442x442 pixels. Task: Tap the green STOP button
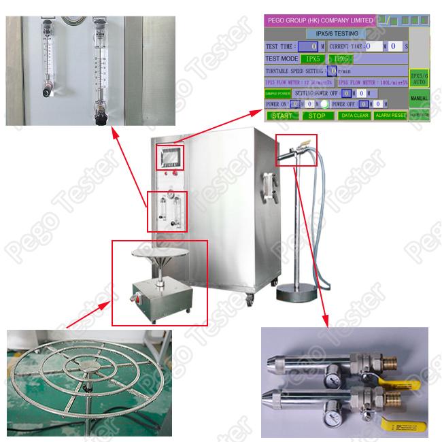click(318, 116)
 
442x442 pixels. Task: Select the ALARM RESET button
click(390, 116)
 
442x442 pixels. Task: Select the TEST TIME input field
click(309, 46)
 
